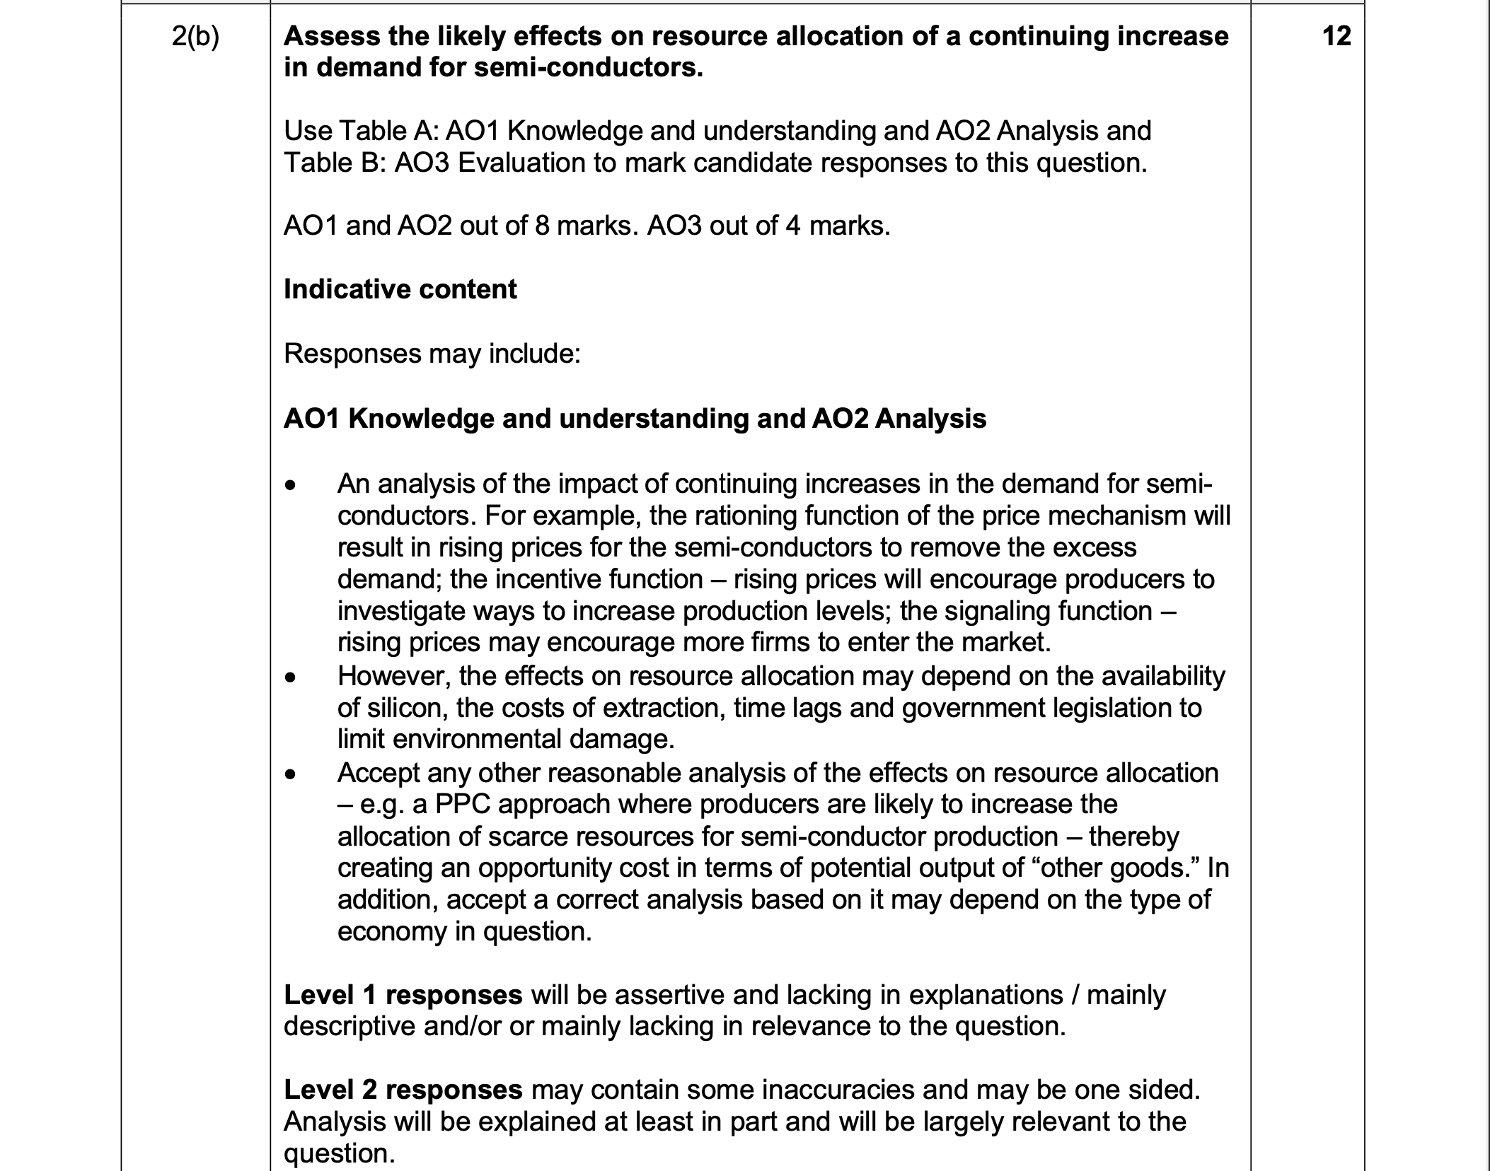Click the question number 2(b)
195,37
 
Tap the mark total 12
1336,36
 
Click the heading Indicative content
400,289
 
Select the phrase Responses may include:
432,354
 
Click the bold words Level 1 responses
403,995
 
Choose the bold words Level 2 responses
403,1090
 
